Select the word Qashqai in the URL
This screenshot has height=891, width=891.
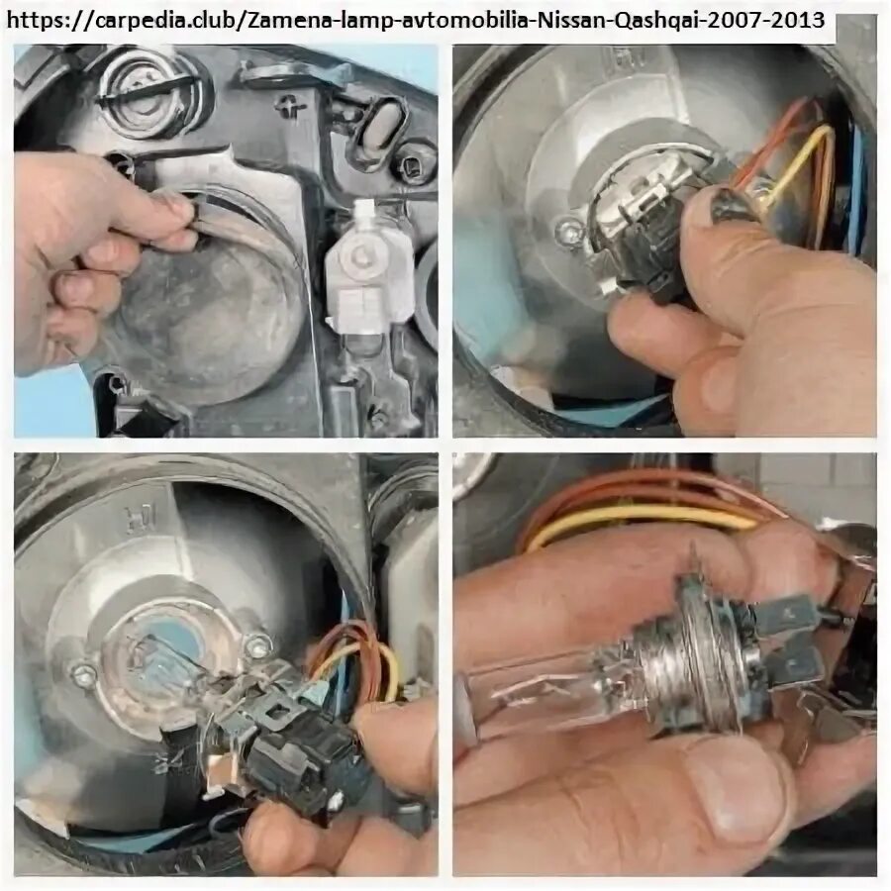[x=658, y=21]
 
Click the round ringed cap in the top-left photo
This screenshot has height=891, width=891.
[x=148, y=94]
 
